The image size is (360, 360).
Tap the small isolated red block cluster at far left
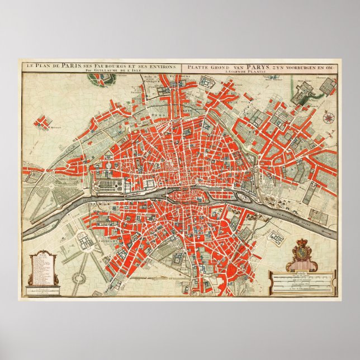41,121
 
